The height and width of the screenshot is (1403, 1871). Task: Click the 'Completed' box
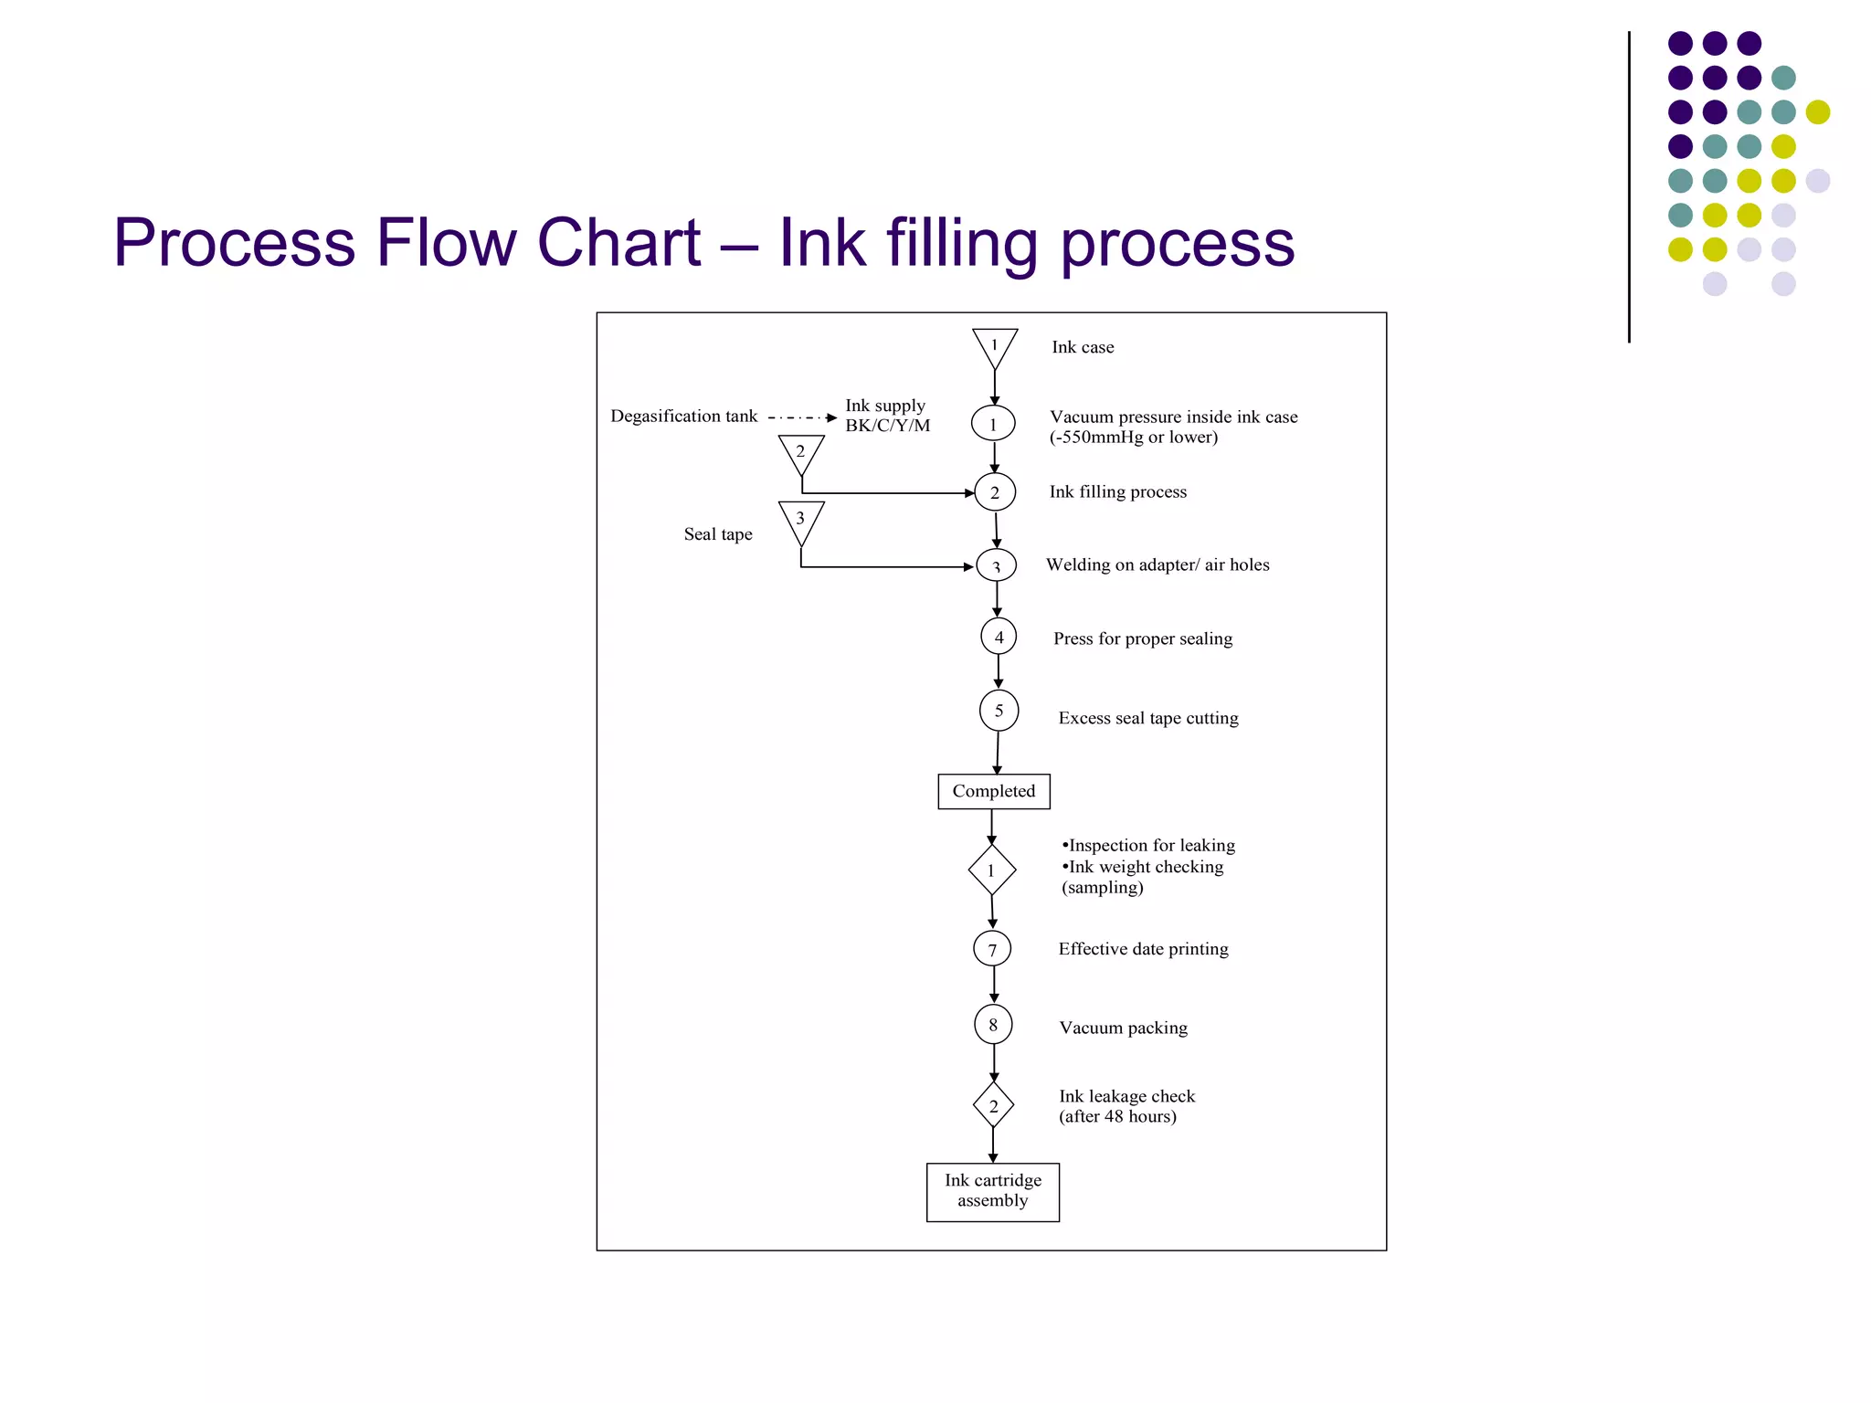(993, 791)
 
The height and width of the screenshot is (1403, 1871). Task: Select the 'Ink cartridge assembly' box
(992, 1191)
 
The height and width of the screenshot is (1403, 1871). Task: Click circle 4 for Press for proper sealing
(999, 637)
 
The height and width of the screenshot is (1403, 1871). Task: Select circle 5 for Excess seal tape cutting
(999, 711)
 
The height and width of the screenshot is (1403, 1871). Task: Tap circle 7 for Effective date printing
(992, 949)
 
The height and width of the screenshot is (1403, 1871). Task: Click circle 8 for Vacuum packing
(993, 1024)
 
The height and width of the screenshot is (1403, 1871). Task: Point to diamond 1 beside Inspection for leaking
(991, 870)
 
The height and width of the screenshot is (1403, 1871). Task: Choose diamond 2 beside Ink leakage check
(993, 1105)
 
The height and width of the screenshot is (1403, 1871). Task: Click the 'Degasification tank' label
(683, 417)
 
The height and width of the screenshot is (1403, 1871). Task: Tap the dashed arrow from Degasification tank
(801, 417)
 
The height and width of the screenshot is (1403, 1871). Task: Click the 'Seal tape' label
(718, 534)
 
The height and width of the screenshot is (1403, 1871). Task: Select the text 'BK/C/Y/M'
(887, 426)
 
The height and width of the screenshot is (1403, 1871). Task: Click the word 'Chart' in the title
(618, 243)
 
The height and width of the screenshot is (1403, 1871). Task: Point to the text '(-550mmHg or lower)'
(1133, 438)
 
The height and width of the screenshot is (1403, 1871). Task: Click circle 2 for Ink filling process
(994, 492)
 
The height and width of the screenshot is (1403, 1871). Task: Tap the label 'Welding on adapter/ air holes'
(1157, 564)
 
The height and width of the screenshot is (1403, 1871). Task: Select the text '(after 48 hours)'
(1117, 1116)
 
